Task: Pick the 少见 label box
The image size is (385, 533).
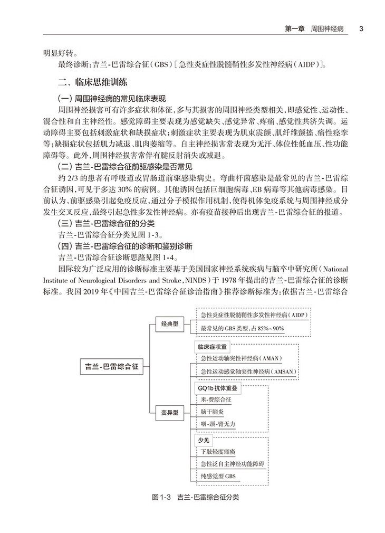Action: coord(204,440)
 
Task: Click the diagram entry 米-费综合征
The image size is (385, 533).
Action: coord(216,399)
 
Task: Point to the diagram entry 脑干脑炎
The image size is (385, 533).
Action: coord(213,412)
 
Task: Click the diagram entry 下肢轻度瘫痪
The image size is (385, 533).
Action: coord(218,452)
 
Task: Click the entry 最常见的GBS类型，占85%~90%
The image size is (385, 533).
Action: coord(242,328)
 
